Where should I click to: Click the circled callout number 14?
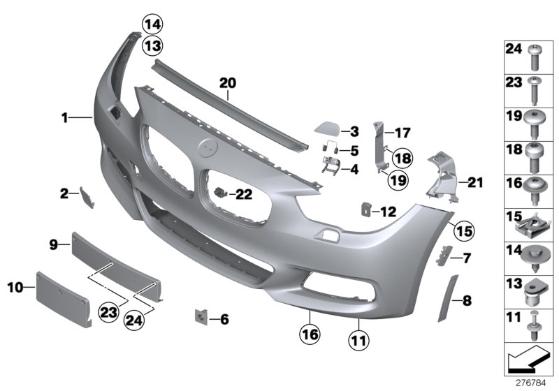pyautogui.click(x=152, y=25)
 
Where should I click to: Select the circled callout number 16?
pyautogui.click(x=310, y=335)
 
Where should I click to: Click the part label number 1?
pyautogui.click(x=64, y=119)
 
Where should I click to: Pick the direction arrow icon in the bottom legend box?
pyautogui.click(x=525, y=362)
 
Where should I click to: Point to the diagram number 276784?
pyautogui.click(x=534, y=383)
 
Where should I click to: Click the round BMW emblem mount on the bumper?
pyautogui.click(x=208, y=147)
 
